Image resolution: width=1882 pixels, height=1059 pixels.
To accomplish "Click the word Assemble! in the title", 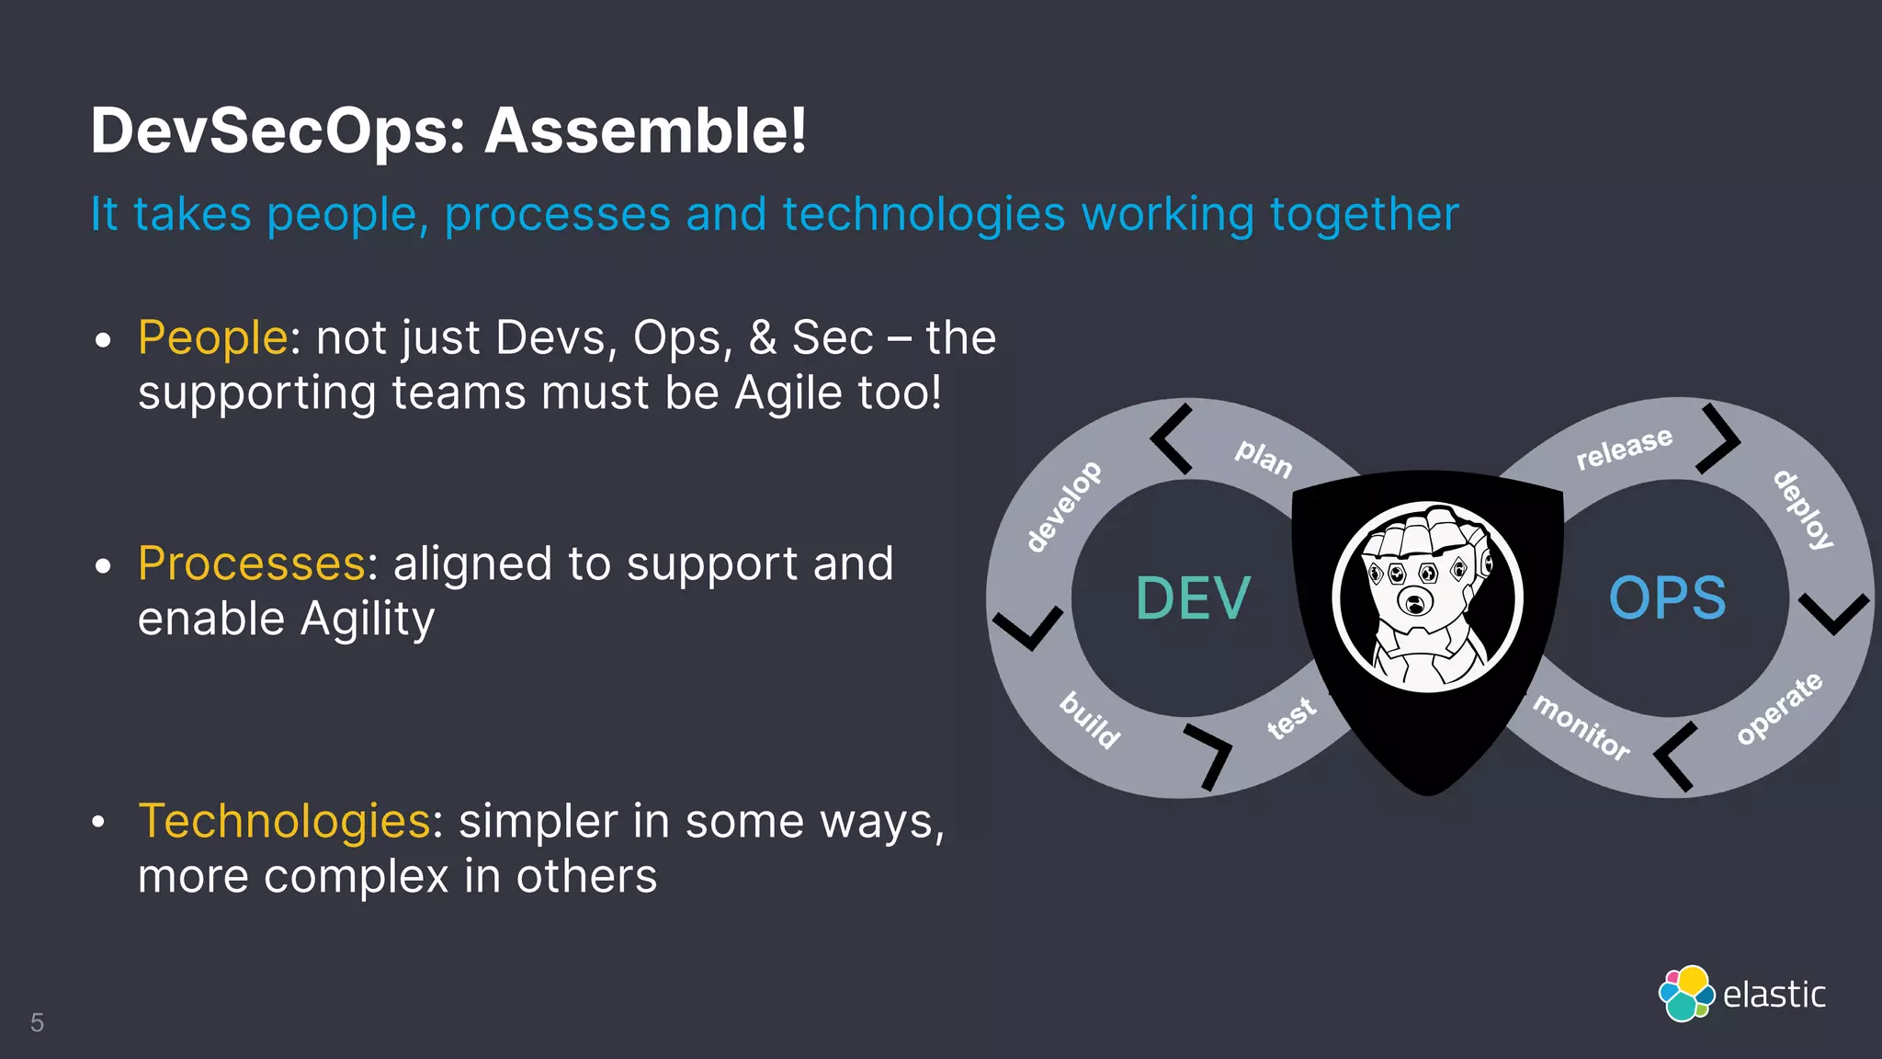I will coord(645,131).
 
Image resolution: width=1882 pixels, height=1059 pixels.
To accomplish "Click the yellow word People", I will coord(213,337).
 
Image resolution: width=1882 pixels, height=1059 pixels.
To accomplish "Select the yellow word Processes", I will coord(252,564).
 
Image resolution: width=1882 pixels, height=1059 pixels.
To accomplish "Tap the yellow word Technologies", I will coord(284,821).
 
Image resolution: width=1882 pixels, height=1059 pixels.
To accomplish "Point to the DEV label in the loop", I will coord(1193,598).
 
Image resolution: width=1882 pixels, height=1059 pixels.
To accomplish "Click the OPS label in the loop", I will coord(1667,598).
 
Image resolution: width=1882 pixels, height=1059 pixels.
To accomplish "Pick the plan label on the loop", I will coord(1264,458).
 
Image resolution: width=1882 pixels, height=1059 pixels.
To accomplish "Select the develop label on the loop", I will coord(1063,507).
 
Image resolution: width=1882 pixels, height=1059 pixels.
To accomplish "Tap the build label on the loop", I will coord(1091,720).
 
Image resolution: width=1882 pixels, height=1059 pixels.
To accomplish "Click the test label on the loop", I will coord(1291,718).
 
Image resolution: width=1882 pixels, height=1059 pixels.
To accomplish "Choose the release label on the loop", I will coord(1624,449).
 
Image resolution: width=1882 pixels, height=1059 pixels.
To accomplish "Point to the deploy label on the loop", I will coord(1803,509).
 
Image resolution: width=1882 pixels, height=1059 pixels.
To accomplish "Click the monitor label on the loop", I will coord(1582,727).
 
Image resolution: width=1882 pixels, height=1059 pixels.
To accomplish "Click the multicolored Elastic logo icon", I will coord(1685,994).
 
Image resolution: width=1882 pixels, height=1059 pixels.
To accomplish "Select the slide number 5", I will coord(37,1022).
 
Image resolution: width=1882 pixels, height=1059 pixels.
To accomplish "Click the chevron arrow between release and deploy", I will coord(1718,438).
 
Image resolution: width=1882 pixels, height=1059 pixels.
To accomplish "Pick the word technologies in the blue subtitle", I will coord(924,215).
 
